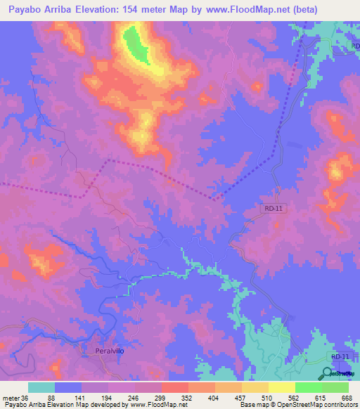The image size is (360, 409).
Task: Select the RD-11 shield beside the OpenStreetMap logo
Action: (340, 358)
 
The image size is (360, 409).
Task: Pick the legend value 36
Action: (25, 398)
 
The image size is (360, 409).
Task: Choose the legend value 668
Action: (346, 398)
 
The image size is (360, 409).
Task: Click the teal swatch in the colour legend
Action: (41, 387)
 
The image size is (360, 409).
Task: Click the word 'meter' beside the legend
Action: (11, 398)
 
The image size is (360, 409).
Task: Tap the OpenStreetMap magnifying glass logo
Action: (328, 374)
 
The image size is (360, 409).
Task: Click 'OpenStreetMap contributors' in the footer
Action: (317, 405)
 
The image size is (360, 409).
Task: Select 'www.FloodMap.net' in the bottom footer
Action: (152, 405)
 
